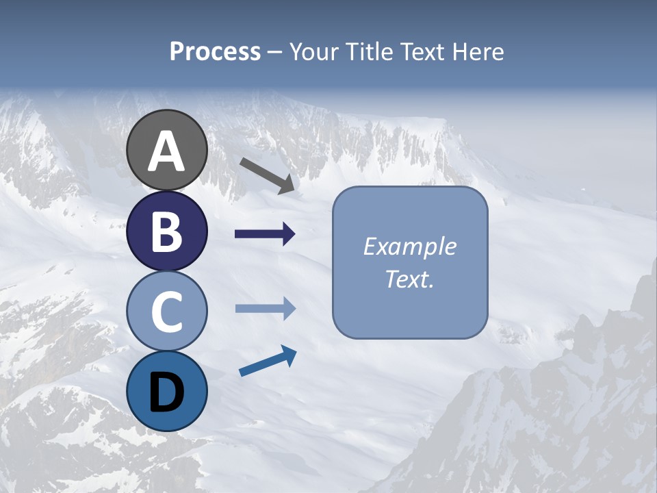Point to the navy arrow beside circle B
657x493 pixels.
click(265, 234)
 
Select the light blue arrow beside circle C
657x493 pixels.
click(265, 309)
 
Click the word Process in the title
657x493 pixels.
click(215, 51)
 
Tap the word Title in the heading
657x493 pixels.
click(370, 51)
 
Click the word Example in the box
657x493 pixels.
click(409, 246)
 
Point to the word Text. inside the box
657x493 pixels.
click(409, 279)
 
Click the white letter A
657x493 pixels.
click(166, 152)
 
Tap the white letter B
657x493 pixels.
click(166, 232)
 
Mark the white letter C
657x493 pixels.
click(166, 312)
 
